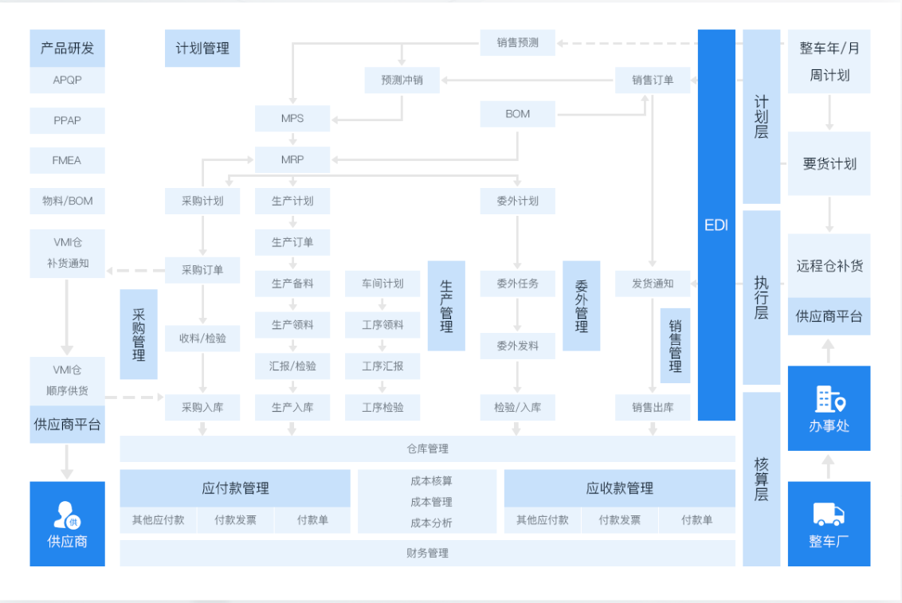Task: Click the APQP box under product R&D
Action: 67,80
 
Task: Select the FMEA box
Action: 67,160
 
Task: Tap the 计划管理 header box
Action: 202,48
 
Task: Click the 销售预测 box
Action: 518,42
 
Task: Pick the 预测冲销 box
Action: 402,80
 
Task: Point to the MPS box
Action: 292,119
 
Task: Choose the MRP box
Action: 292,160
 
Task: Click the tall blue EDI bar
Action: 716,225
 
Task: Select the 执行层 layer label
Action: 761,297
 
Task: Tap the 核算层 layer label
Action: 761,479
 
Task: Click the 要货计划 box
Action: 829,164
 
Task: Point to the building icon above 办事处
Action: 829,398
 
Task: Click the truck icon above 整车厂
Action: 829,515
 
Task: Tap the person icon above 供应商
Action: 67,515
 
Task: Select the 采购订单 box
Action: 202,270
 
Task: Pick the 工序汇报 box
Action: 382,366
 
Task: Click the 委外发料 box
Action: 518,346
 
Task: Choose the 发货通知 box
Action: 653,284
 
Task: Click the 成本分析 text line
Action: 431,523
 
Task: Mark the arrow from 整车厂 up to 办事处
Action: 829,466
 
